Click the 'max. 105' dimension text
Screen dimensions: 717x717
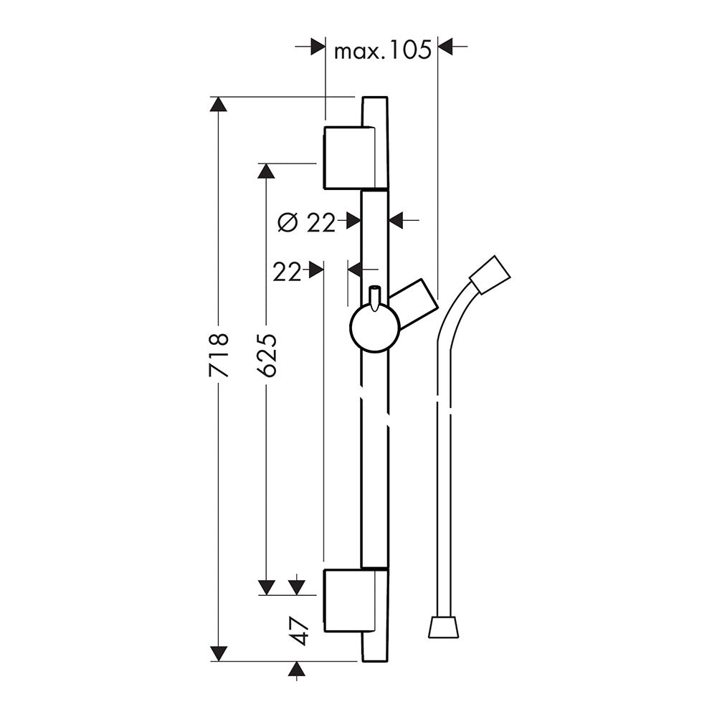click(383, 50)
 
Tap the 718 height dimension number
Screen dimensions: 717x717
click(219, 356)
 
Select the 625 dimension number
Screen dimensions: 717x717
click(267, 356)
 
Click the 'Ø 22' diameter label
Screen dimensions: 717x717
click(307, 223)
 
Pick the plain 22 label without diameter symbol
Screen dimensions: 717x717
click(288, 272)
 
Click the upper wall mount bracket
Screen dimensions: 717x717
click(349, 157)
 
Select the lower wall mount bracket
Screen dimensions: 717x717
click(349, 601)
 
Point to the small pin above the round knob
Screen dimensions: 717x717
click(375, 298)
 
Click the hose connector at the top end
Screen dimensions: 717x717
click(490, 274)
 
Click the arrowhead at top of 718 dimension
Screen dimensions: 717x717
click(219, 104)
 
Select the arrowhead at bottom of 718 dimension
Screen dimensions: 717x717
click(219, 654)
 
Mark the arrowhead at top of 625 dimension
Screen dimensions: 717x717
click(267, 171)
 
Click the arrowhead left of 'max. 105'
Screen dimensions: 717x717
click(318, 46)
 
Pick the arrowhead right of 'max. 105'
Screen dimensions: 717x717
click(445, 46)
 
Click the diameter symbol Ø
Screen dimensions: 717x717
click(288, 223)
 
